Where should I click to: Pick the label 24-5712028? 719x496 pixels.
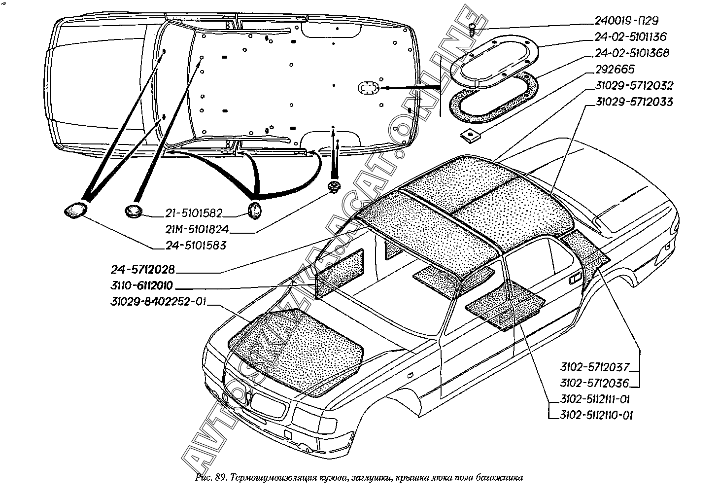pos(142,270)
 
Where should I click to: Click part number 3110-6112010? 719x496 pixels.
pos(142,286)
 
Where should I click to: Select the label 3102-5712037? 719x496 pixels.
pos(595,367)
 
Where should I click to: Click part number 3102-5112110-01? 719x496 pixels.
pos(595,415)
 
